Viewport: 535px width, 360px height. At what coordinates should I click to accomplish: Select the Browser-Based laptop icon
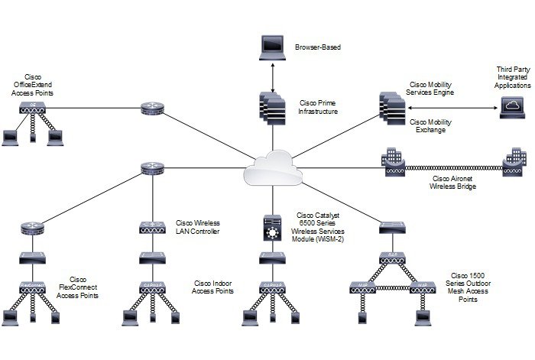tap(272, 50)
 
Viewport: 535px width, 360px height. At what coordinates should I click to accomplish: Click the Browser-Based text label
tap(317, 47)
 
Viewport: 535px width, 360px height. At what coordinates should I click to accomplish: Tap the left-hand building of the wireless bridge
tap(391, 160)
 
